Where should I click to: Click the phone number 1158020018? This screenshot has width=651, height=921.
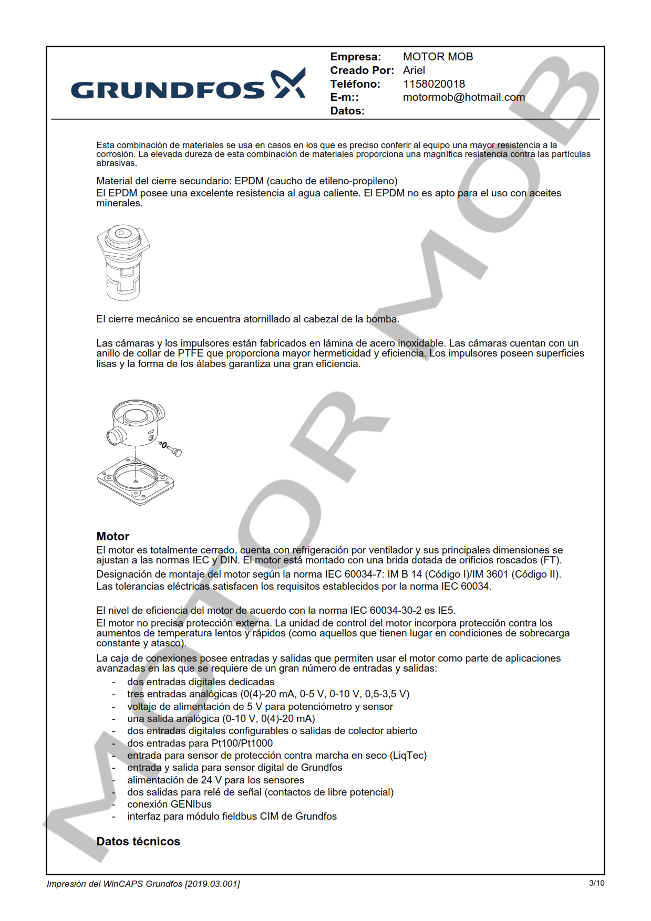pos(433,84)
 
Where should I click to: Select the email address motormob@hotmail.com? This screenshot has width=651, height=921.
pos(463,97)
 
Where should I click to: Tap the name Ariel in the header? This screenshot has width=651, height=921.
pos(414,70)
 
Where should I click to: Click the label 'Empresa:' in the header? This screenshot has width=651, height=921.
pos(355,57)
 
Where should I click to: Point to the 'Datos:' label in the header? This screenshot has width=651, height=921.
pos(347,111)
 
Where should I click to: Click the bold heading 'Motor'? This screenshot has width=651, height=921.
pos(112,536)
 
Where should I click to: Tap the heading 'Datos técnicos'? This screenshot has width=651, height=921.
pos(138,841)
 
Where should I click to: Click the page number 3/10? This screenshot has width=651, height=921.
pos(596,883)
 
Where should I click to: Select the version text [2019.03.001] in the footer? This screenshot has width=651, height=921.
pos(212,884)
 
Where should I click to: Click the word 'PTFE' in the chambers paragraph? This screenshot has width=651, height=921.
pos(190,353)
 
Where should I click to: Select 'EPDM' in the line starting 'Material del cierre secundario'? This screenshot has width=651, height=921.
pos(249,181)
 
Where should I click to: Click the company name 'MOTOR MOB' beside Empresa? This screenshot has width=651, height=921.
pos(438,57)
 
